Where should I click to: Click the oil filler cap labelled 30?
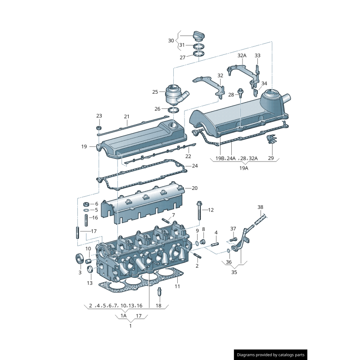point(199,35)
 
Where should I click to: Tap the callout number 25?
point(155,92)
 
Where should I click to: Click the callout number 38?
point(260,207)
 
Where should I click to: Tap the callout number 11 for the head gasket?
point(177,286)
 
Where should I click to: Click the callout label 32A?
point(242,56)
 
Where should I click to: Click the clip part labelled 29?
point(270,140)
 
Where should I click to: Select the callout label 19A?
point(243,168)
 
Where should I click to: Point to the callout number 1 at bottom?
point(130,325)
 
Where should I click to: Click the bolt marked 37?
point(233,239)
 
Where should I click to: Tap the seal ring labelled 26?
point(174,110)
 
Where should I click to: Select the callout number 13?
point(90,283)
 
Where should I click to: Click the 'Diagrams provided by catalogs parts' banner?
point(271,355)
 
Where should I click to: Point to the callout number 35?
point(234,272)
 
